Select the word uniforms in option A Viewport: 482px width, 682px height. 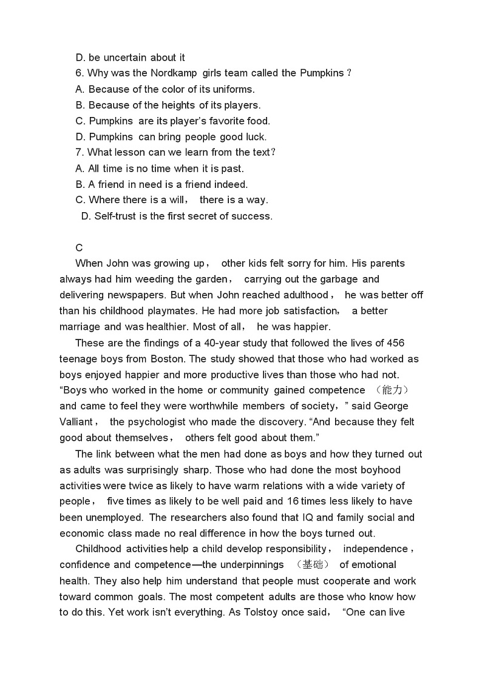(x=234, y=89)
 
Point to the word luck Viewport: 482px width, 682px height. (x=254, y=137)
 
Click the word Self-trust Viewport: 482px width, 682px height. (x=115, y=216)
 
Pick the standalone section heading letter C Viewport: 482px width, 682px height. (x=79, y=247)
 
